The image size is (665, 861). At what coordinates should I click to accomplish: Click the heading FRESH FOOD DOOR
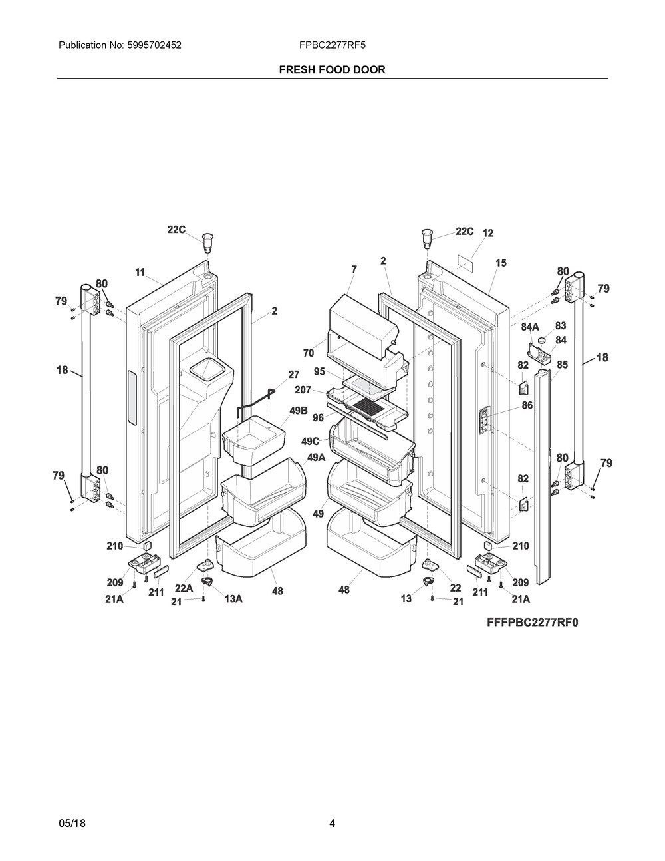click(332, 69)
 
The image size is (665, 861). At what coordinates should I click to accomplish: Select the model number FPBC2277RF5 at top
click(332, 45)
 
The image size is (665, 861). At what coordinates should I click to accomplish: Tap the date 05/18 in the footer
click(72, 824)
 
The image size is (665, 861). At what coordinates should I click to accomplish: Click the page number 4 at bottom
click(332, 824)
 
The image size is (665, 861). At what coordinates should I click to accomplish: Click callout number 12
click(488, 233)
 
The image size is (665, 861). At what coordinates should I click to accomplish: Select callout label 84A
click(529, 327)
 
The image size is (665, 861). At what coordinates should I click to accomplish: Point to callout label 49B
click(299, 411)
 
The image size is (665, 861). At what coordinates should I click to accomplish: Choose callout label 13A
click(233, 599)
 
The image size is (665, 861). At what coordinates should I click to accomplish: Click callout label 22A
click(184, 588)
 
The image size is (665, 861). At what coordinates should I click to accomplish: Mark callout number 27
click(293, 375)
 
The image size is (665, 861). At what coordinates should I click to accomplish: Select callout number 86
click(527, 405)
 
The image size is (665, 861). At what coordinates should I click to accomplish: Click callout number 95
click(319, 371)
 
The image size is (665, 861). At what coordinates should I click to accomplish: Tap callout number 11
click(140, 272)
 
